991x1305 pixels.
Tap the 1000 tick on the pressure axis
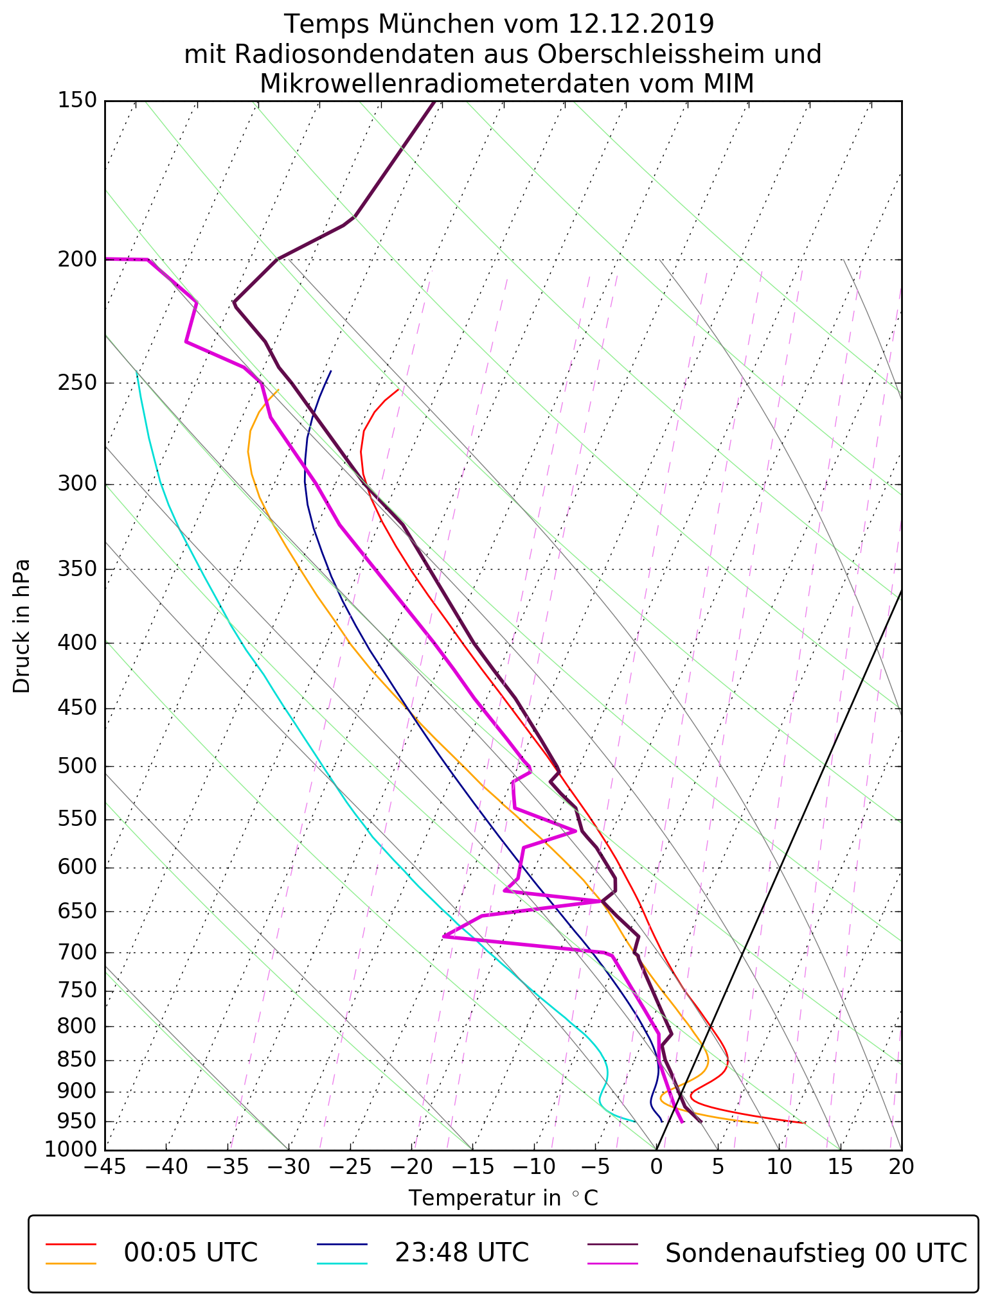(x=71, y=1149)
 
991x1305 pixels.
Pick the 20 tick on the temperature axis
(x=901, y=1166)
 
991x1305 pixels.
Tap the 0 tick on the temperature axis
(x=656, y=1166)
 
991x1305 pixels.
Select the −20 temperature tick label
(x=411, y=1166)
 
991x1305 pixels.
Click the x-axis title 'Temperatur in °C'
(x=503, y=1198)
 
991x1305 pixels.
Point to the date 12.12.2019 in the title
(x=641, y=24)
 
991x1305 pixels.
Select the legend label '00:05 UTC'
(x=191, y=1252)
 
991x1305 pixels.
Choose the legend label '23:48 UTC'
(x=461, y=1252)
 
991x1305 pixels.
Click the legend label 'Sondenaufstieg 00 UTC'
(x=816, y=1252)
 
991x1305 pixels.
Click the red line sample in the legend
(x=71, y=1243)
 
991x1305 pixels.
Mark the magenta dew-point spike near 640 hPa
(x=600, y=901)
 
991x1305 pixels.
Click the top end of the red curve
(x=398, y=389)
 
